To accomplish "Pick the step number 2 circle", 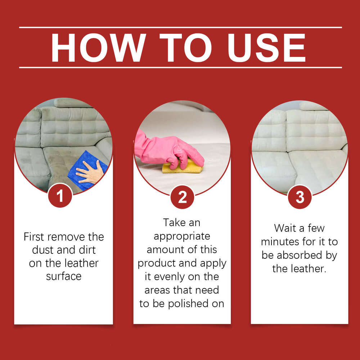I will click(183, 197).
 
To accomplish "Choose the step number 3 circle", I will click(300, 197).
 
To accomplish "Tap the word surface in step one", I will click(64, 276).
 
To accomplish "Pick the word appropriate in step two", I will click(182, 237).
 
